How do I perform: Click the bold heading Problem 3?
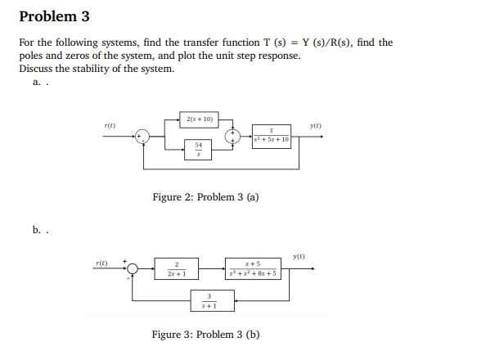pyautogui.click(x=54, y=16)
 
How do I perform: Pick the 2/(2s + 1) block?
pyautogui.click(x=177, y=268)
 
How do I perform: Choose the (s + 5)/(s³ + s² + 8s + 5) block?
pyautogui.click(x=254, y=268)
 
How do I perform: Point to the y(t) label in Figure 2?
pyautogui.click(x=316, y=124)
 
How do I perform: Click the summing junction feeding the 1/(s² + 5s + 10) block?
pyautogui.click(x=233, y=134)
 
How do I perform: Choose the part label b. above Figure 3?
pyautogui.click(x=37, y=230)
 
